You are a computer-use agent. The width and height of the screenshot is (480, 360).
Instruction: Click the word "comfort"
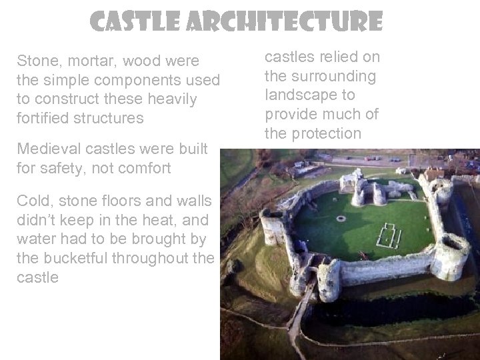[x=143, y=169]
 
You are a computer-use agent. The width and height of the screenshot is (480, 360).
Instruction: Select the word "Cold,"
[x=36, y=201]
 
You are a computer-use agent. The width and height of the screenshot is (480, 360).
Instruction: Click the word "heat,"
[x=155, y=220]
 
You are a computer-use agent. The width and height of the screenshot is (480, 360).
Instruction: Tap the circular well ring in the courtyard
[x=341, y=218]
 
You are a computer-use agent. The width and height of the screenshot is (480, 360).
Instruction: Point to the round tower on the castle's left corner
[x=272, y=227]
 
